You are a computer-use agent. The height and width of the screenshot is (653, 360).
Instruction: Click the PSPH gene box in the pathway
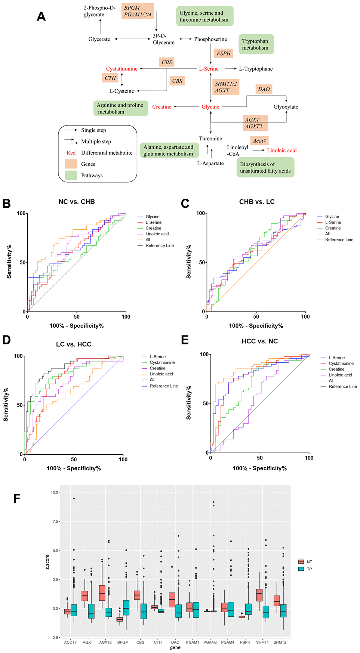tap(224, 53)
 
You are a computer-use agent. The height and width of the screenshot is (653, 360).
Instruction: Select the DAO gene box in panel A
tap(264, 89)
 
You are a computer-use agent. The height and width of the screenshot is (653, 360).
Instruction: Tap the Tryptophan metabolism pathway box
tap(256, 44)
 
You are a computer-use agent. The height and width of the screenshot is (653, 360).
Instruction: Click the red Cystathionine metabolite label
tap(121, 69)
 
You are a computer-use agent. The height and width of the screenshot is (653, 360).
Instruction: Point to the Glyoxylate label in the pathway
tap(286, 107)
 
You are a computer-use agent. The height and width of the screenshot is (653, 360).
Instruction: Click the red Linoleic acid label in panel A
tap(281, 151)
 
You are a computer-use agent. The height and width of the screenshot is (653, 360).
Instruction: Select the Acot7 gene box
tap(259, 141)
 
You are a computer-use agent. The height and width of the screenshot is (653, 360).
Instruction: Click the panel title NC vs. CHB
tap(77, 202)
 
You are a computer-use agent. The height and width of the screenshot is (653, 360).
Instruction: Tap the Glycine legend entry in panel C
tap(332, 217)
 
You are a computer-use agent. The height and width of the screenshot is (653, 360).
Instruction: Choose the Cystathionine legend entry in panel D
tap(162, 362)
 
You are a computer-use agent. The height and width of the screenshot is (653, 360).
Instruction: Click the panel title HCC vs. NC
tap(259, 341)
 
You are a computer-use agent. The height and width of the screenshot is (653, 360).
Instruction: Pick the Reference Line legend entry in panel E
tap(342, 387)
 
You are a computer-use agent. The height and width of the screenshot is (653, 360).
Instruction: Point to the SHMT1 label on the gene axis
tap(262, 642)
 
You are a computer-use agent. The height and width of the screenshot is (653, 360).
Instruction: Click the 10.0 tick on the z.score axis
tap(55, 492)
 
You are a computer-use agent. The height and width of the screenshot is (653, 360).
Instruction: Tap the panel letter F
tap(17, 498)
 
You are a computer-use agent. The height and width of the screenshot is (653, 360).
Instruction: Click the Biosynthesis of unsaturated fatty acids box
tap(265, 167)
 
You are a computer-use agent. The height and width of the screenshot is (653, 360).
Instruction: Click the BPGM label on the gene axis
tap(123, 642)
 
